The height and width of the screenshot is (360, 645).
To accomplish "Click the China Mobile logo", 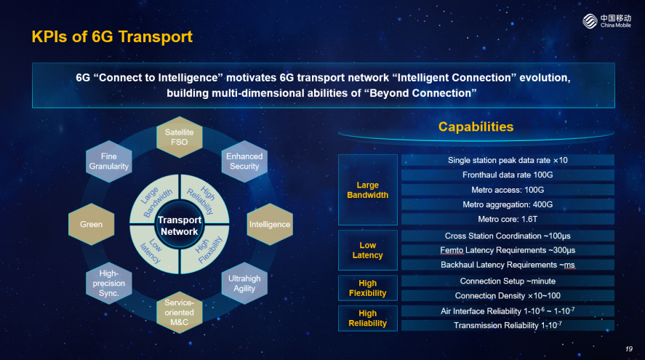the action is coord(606,21).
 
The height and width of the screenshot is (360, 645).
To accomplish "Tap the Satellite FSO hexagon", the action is coord(180,137).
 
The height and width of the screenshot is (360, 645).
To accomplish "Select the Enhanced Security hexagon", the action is coord(244,161).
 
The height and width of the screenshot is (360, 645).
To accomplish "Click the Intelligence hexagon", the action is coord(270,224).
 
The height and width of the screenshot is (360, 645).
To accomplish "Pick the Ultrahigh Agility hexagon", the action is coord(244,283).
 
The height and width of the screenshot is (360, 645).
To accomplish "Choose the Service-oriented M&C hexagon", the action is coord(180,312).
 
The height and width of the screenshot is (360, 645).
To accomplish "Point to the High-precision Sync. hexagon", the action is coord(109,283).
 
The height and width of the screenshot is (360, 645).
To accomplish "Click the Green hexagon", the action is coord(92,224).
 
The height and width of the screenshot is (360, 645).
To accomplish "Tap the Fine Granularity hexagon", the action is coord(109,161).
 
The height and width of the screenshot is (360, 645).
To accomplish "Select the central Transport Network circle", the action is coord(180,225).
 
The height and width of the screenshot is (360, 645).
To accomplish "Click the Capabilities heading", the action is coord(476,127).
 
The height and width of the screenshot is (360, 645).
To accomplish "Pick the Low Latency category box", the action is coord(368,250).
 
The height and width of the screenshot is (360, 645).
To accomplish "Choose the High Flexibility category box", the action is coord(368,288).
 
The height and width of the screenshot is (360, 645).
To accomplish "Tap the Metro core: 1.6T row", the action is coord(508,220).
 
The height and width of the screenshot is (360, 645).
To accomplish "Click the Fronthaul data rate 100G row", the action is coord(508,175).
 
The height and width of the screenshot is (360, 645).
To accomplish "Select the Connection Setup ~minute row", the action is coord(508,281).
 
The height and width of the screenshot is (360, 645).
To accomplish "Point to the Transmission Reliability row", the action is coord(508,325).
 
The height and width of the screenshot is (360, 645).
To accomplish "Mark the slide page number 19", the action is coord(628,349).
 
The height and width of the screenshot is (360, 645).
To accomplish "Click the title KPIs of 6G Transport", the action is coord(112,36).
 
